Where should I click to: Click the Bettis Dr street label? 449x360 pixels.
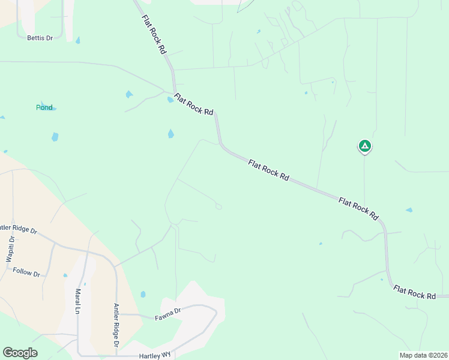(x=40, y=38)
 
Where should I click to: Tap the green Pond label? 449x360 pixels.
(x=44, y=107)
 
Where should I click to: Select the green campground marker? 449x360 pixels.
(x=364, y=146)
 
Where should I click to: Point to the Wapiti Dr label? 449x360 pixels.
(x=10, y=250)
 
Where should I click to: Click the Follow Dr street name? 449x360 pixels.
(x=26, y=272)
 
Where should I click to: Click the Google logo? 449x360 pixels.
(x=20, y=353)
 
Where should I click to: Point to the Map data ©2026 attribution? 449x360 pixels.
(x=423, y=355)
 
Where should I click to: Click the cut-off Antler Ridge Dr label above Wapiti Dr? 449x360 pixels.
(x=18, y=229)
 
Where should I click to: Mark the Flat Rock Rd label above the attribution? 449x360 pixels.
(x=415, y=292)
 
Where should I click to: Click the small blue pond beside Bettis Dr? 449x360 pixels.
(x=77, y=41)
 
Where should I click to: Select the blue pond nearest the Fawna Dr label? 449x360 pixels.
(x=143, y=294)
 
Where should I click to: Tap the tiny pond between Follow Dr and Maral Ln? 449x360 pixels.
(x=65, y=275)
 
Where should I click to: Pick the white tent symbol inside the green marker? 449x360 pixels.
(x=364, y=145)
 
